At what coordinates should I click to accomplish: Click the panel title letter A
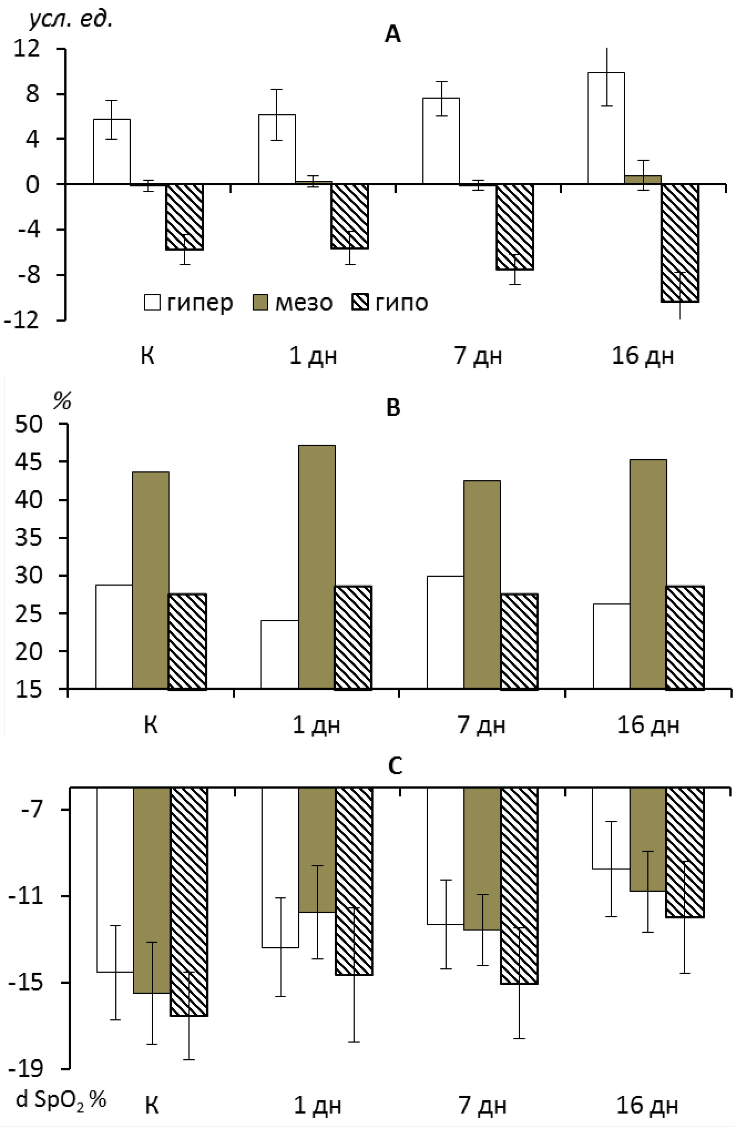(x=392, y=35)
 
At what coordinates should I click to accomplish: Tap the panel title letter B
(x=392, y=408)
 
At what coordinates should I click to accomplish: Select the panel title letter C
(x=395, y=767)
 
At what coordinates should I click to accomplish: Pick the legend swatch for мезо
(x=260, y=303)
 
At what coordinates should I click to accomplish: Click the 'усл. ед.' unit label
(x=70, y=20)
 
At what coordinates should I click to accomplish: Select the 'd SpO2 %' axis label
(x=61, y=1100)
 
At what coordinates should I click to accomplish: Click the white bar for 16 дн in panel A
(x=606, y=128)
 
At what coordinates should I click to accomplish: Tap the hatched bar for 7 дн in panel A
(x=515, y=227)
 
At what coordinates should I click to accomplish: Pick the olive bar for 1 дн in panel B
(x=316, y=567)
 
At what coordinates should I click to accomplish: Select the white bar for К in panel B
(x=114, y=637)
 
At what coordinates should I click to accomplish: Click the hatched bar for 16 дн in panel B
(x=685, y=638)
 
